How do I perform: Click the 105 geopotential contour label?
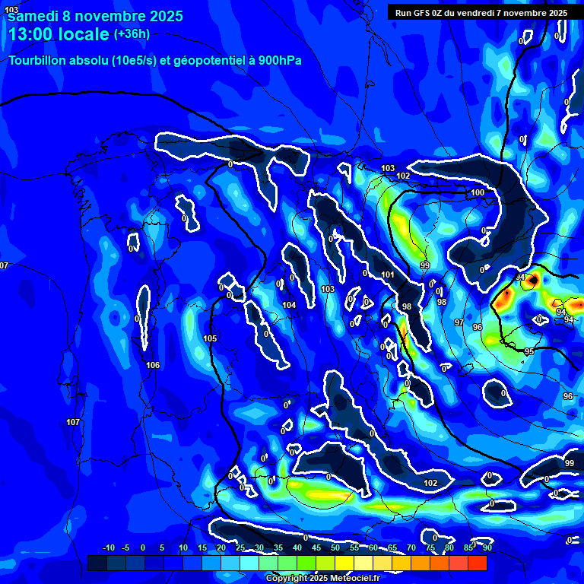click(x=210, y=338)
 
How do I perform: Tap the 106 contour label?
click(x=153, y=366)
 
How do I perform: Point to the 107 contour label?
click(x=73, y=422)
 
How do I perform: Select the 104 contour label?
click(x=289, y=305)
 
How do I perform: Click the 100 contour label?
click(x=478, y=193)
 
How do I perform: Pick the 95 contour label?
click(x=529, y=351)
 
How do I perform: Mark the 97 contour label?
click(x=459, y=323)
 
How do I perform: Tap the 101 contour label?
click(x=387, y=275)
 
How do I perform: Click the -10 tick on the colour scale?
click(x=108, y=547)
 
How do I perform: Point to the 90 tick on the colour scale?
click(x=487, y=547)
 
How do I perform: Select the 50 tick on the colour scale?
click(x=335, y=547)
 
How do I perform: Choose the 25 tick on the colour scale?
click(x=240, y=547)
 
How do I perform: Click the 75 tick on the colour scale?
click(x=430, y=547)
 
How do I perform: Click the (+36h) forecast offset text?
click(x=132, y=33)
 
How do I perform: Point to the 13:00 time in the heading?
click(x=30, y=34)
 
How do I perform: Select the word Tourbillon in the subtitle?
click(x=38, y=61)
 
